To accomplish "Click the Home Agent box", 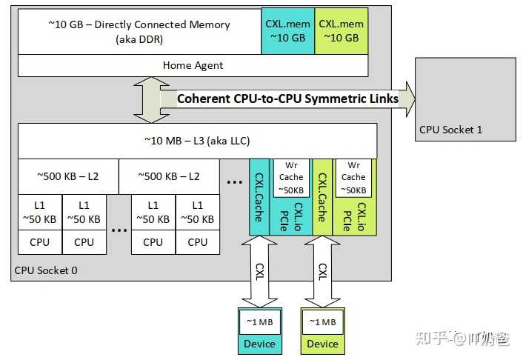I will click(x=193, y=65).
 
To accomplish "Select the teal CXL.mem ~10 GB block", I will click(x=287, y=31).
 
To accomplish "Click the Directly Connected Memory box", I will click(x=139, y=31).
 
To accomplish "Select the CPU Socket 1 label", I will click(x=450, y=130).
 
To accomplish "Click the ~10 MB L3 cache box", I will click(x=197, y=141).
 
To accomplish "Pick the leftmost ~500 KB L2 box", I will click(x=68, y=176).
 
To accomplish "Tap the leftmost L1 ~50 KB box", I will click(x=40, y=212).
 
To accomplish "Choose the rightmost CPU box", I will click(x=197, y=241).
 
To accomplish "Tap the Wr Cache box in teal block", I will click(x=290, y=177).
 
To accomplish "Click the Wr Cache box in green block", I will click(x=353, y=177).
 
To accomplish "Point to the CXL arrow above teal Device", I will click(x=259, y=271).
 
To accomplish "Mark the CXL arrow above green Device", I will click(x=322, y=271).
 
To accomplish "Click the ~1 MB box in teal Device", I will click(x=259, y=322).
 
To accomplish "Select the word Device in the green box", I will click(x=322, y=344).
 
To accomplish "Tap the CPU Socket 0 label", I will click(x=46, y=270).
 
